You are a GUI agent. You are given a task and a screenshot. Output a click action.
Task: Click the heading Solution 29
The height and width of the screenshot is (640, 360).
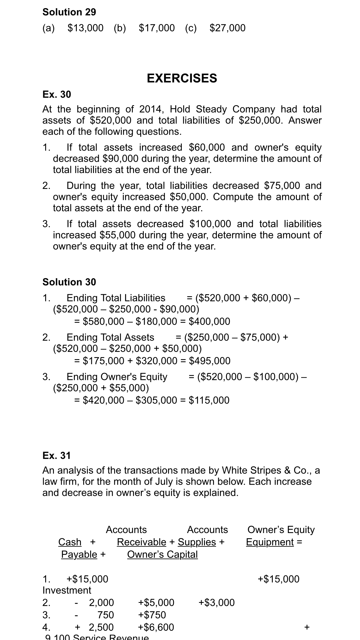coord(69,12)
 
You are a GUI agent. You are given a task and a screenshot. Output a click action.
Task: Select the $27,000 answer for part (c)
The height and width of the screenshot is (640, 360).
coord(227,28)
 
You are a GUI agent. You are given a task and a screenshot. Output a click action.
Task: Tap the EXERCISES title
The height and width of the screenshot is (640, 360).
coord(182,78)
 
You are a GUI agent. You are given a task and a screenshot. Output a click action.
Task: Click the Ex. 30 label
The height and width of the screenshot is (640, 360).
coord(57,94)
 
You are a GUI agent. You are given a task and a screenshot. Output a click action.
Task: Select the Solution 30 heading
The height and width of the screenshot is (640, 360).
coord(69,282)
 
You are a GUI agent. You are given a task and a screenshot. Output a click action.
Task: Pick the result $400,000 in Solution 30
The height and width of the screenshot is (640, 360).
coord(209,321)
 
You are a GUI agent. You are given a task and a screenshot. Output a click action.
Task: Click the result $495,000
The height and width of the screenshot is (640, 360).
coord(210,361)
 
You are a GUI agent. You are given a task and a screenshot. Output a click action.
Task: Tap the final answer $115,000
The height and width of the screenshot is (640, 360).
coord(209,400)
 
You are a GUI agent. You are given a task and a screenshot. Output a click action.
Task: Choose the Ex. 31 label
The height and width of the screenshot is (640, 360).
coord(57,455)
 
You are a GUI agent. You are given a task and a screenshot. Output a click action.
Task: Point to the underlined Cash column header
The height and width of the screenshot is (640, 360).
coord(70,542)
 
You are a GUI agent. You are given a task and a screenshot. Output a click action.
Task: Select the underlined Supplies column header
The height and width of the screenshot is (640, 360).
coord(197,542)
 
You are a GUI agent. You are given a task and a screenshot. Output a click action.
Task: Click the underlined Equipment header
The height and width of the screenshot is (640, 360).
coord(270,542)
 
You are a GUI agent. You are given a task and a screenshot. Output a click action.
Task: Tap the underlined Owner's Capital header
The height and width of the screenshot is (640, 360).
coord(162,554)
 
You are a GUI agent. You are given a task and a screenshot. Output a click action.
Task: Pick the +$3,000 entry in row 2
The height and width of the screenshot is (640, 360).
coord(217,602)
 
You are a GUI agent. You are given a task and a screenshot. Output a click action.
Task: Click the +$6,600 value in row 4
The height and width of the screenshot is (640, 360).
coord(156,627)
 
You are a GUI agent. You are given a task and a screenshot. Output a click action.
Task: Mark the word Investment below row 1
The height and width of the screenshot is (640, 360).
coord(67,590)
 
